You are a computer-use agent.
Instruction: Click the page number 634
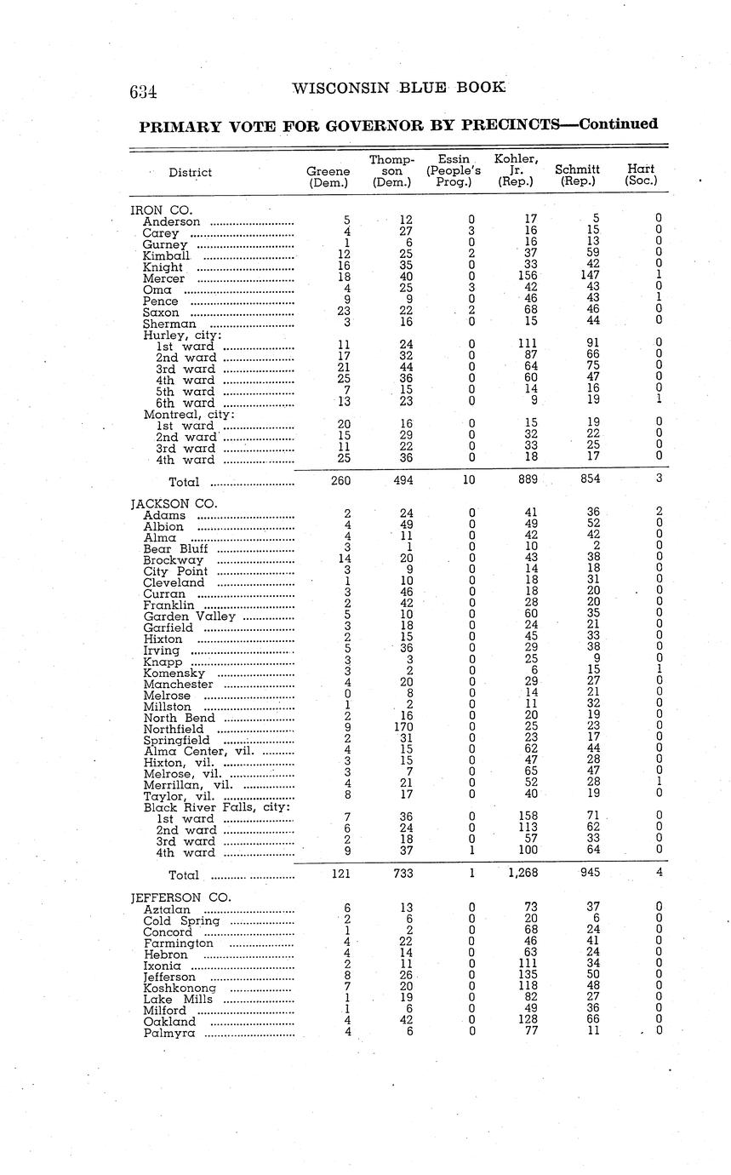coord(143,92)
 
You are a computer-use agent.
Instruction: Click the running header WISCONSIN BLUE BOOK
coord(398,88)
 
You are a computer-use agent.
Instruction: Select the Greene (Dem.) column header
coord(328,176)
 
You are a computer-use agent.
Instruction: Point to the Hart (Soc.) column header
coord(641,175)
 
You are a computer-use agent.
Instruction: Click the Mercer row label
coord(163,278)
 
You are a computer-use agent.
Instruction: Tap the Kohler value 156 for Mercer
coord(528,278)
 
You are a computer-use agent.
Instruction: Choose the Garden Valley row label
coord(190,616)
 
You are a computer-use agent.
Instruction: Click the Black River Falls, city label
coord(217,807)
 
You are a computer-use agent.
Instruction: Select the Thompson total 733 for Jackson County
coord(403,872)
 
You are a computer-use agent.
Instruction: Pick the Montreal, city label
coord(184,414)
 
